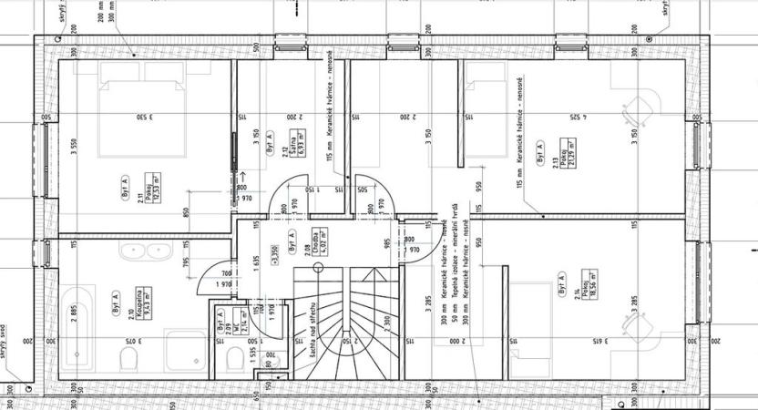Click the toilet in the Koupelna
pos(130,356)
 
